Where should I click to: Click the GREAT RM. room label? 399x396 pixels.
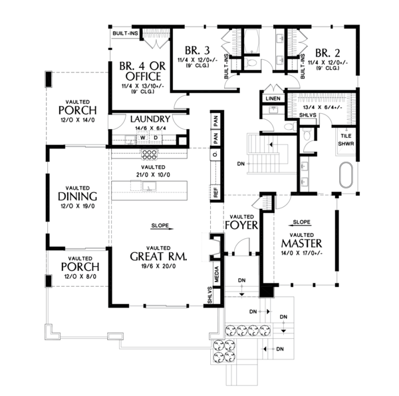(158, 256)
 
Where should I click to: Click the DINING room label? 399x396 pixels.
(78, 197)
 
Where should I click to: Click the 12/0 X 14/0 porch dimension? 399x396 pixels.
(78, 119)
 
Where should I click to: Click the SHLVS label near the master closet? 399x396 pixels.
(307, 114)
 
